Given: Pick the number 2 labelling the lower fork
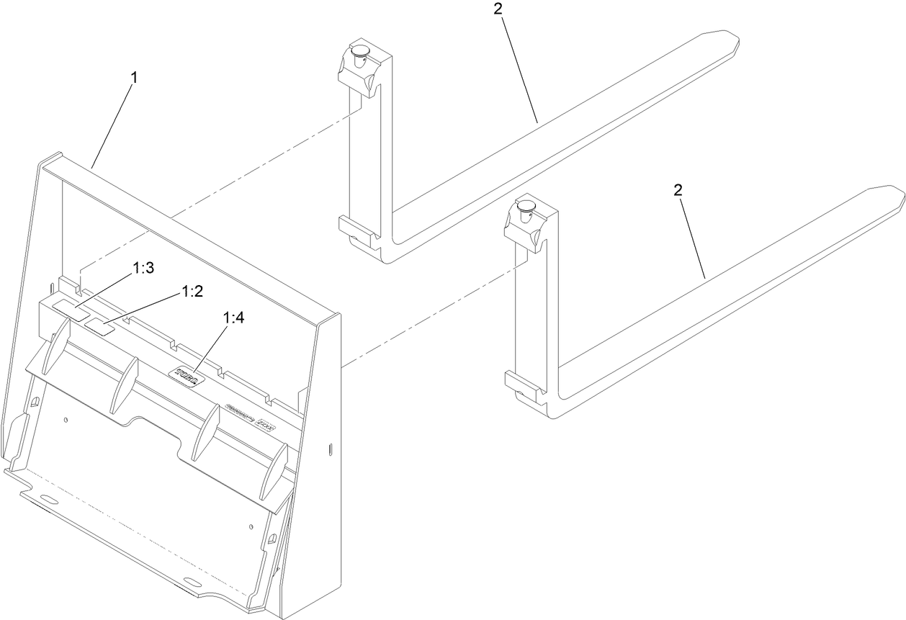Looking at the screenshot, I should pyautogui.click(x=677, y=190).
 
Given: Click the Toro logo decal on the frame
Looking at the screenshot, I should pyautogui.click(x=187, y=377).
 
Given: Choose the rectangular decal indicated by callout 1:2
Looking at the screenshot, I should pyautogui.click(x=99, y=328).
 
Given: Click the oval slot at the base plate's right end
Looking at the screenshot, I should pyautogui.click(x=194, y=581).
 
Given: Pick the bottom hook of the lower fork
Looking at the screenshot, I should pyautogui.click(x=520, y=382).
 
